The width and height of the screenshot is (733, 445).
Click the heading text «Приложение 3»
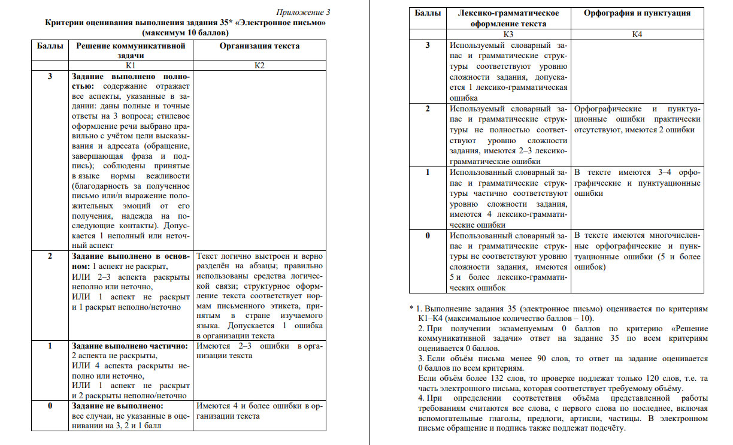[x=304, y=12]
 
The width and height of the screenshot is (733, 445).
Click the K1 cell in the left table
[x=130, y=65]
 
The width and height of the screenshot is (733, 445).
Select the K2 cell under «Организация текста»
[x=259, y=65]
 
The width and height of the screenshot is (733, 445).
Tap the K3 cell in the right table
[x=508, y=34]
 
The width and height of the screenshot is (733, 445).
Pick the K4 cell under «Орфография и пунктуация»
[x=637, y=34]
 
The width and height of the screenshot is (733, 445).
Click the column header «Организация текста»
[x=259, y=46]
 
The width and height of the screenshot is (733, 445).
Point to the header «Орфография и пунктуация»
[x=637, y=13]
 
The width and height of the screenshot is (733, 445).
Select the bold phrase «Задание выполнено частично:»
[x=130, y=346]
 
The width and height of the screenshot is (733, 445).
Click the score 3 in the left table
[x=50, y=77]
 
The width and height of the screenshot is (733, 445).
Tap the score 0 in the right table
[x=428, y=235]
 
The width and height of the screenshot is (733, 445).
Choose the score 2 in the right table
[x=428, y=109]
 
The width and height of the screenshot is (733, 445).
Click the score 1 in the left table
[x=50, y=346]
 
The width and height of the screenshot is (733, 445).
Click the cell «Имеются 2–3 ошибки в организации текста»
[x=259, y=351]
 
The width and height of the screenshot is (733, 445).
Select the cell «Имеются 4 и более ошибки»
[x=259, y=410]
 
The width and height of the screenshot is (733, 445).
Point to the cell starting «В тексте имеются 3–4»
[x=637, y=183]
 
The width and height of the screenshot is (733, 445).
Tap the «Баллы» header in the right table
[x=428, y=13]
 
